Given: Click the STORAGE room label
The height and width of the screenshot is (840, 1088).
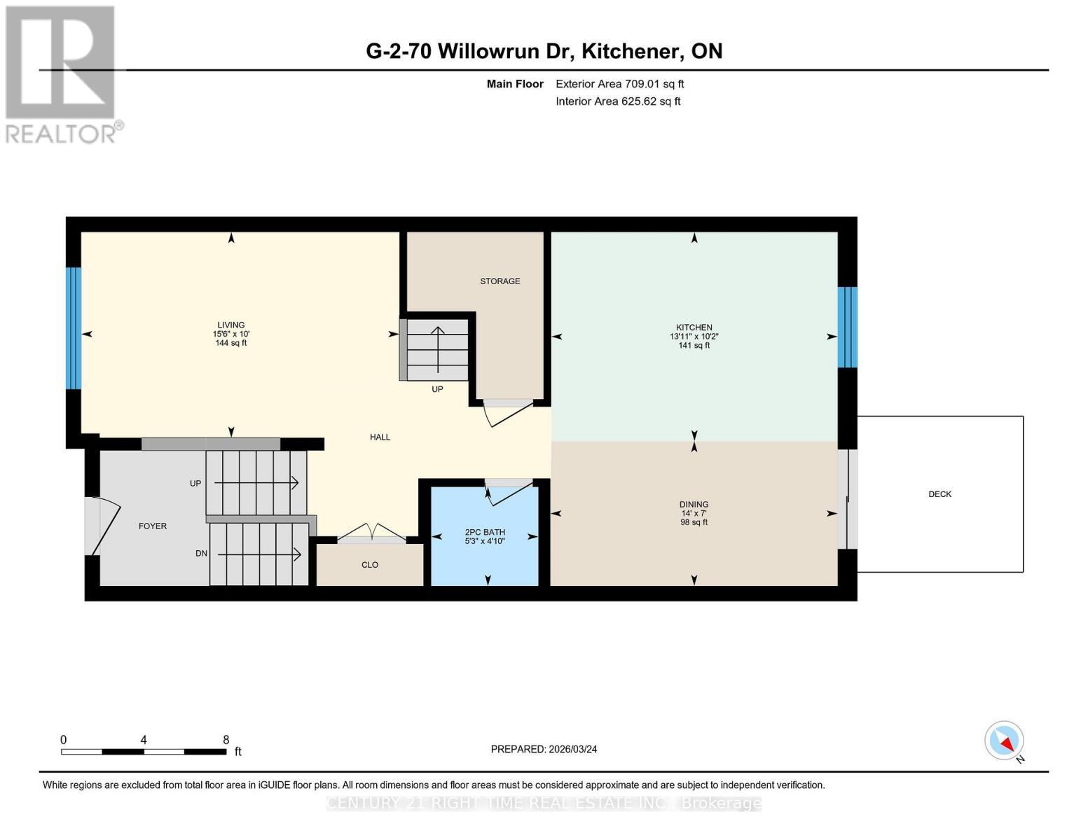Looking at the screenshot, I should (x=500, y=281).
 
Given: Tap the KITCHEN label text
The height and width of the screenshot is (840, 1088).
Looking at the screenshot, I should (x=694, y=328).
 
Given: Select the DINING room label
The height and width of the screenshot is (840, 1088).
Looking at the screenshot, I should (x=694, y=505).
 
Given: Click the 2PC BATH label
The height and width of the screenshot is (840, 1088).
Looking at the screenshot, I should (x=485, y=532).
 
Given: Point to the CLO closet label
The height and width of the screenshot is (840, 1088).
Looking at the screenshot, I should (x=369, y=565).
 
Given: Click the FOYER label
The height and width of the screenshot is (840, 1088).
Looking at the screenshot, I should (x=153, y=526).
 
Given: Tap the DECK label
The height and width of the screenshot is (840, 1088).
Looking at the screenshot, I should (x=939, y=494).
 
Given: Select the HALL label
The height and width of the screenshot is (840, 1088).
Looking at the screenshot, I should (x=380, y=437).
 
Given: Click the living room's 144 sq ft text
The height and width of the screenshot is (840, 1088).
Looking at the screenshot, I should (x=231, y=343).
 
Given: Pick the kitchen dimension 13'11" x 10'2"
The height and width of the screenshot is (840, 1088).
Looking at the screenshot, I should (x=694, y=337).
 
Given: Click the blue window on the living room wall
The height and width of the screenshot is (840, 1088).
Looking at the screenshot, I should (x=74, y=328).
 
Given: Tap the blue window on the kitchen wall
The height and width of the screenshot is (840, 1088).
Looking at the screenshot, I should (x=847, y=327).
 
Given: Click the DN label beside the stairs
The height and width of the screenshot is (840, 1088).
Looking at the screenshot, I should (x=201, y=554).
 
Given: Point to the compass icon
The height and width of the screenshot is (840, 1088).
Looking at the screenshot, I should (x=1004, y=741).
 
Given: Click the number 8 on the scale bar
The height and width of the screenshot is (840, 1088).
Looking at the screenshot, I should (x=226, y=740).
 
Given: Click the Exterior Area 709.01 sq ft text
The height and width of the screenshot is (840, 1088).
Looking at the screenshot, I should (x=619, y=84).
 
